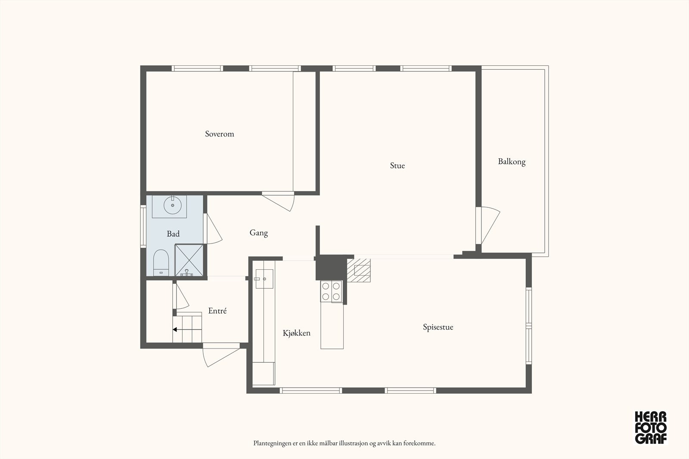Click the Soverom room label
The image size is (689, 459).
click(x=219, y=134)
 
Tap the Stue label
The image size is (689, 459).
click(x=397, y=166)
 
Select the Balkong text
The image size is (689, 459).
click(x=512, y=162)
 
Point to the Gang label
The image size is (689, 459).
click(x=259, y=233)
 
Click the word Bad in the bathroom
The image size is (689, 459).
click(x=173, y=234)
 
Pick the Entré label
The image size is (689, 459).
click(x=217, y=311)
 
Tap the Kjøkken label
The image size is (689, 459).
click(x=297, y=333)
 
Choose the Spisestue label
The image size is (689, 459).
click(x=438, y=327)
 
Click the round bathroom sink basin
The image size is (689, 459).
click(x=173, y=205)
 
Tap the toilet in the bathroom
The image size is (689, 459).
click(x=161, y=263)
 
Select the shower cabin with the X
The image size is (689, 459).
click(x=189, y=260)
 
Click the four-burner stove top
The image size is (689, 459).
click(x=331, y=291)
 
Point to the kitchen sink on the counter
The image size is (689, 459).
click(x=264, y=279)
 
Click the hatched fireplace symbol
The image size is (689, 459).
click(x=359, y=270)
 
